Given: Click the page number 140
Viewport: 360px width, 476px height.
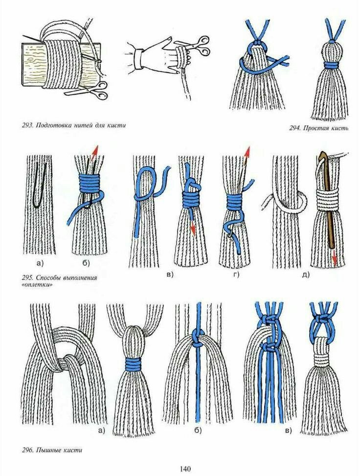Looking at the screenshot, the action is (185, 469).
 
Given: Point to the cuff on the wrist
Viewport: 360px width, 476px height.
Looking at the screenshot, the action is (139, 58).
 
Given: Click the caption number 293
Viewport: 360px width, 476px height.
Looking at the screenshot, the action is (27, 125).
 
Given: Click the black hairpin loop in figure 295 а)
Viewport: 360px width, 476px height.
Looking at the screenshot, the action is (40, 185).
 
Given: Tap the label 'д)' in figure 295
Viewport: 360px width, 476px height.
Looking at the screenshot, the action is (306, 275).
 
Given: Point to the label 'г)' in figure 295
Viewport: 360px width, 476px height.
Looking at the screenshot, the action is (236, 275).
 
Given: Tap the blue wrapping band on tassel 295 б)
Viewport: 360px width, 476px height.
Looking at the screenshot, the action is (89, 182).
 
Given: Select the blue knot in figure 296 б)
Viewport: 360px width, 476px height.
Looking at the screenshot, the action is (198, 337).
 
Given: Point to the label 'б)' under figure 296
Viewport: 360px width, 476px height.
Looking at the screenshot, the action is (198, 431).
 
